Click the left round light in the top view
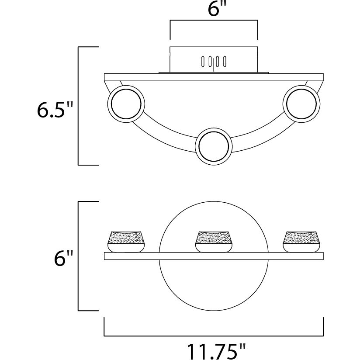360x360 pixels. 126,104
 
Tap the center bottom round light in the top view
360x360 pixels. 214,146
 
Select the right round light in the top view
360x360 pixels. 301,104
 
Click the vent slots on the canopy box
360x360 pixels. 214,62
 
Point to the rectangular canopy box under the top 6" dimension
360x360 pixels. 214,60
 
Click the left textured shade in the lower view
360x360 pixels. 126,241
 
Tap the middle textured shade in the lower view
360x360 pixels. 214,241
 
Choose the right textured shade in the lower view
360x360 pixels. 301,241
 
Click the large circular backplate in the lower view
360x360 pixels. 214,256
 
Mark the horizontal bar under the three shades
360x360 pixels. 214,256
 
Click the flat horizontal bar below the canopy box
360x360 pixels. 214,77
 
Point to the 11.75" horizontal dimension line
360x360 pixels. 214,336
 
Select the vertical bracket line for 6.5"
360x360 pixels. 78,106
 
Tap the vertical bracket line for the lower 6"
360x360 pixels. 78,256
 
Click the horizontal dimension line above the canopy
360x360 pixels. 214,20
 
